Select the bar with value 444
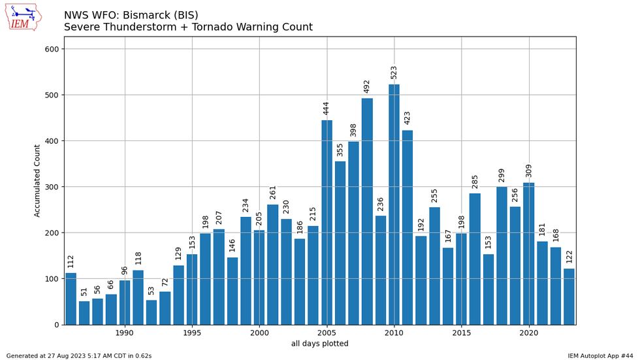[327, 222]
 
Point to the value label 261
[273, 192]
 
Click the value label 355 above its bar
[340, 150]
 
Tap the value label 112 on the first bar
[71, 261]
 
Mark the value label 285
[475, 182]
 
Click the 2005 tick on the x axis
[327, 333]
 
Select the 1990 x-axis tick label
[125, 333]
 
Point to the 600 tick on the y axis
[52, 49]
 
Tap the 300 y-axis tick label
[52, 187]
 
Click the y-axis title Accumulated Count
[37, 180]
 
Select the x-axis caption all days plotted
[320, 344]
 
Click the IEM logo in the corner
[24, 16]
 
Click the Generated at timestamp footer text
[78, 355]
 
